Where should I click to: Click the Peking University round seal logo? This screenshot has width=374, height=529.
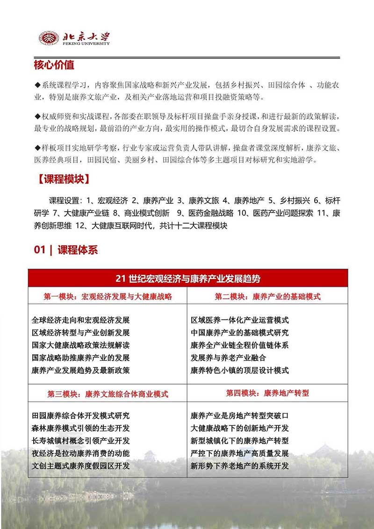pyautogui.click(x=49, y=38)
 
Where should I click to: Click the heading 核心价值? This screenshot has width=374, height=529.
pyautogui.click(x=54, y=65)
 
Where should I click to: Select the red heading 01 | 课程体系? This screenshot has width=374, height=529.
pyautogui.click(x=66, y=250)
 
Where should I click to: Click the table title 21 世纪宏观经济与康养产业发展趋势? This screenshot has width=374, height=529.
pyautogui.click(x=187, y=279)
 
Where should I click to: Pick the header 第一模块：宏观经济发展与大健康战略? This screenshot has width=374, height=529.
pyautogui.click(x=108, y=296)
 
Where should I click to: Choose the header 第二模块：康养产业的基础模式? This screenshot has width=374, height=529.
pyautogui.click(x=267, y=296)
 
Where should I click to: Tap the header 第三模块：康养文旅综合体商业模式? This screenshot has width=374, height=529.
pyautogui.click(x=108, y=393)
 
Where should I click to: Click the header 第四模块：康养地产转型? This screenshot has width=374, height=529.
pyautogui.click(x=267, y=393)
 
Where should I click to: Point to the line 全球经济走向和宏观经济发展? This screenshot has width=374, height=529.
pyautogui.click(x=80, y=320)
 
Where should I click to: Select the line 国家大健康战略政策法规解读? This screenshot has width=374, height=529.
pyautogui.click(x=80, y=345)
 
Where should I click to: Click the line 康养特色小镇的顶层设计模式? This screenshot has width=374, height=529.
pyautogui.click(x=240, y=371)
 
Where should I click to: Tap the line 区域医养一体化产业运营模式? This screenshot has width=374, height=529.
pyautogui.click(x=240, y=320)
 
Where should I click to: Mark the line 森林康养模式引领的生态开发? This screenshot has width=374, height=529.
pyautogui.click(x=80, y=428)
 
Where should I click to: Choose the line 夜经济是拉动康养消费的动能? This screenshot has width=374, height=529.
pyautogui.click(x=80, y=453)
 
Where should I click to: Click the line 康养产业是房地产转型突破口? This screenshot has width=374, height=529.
pyautogui.click(x=240, y=415)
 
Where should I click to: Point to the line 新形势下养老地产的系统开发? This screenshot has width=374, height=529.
pyautogui.click(x=240, y=466)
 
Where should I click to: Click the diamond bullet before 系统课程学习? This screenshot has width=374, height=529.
pyautogui.click(x=38, y=85)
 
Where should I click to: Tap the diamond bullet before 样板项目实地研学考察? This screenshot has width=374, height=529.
pyautogui.click(x=38, y=148)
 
